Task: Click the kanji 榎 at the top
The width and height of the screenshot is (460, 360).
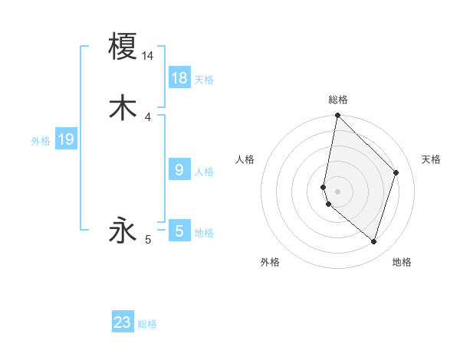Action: click(123, 46)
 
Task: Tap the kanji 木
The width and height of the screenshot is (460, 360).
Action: click(123, 107)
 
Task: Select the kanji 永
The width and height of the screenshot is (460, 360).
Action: click(123, 231)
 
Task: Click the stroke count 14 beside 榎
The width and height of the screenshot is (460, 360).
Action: click(148, 56)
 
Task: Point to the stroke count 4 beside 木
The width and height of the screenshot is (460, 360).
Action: click(148, 117)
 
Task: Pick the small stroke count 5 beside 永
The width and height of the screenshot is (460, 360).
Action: click(148, 241)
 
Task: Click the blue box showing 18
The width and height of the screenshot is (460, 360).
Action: click(179, 78)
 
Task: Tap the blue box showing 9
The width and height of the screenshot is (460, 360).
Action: click(179, 170)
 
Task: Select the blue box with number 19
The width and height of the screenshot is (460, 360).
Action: click(66, 139)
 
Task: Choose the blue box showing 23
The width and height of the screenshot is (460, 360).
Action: click(123, 322)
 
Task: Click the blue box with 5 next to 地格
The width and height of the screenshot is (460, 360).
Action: click(179, 231)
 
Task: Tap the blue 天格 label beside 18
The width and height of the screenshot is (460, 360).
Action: click(204, 80)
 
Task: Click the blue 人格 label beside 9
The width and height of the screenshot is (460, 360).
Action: click(204, 172)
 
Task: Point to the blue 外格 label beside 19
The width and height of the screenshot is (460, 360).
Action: click(41, 141)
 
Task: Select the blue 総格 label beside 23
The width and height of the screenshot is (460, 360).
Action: click(147, 324)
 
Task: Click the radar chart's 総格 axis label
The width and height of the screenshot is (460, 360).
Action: click(338, 100)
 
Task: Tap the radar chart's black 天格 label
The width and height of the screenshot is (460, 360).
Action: click(432, 159)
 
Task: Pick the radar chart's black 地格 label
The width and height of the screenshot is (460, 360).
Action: click(402, 262)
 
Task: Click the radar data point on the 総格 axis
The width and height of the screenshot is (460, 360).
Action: click(337, 116)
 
